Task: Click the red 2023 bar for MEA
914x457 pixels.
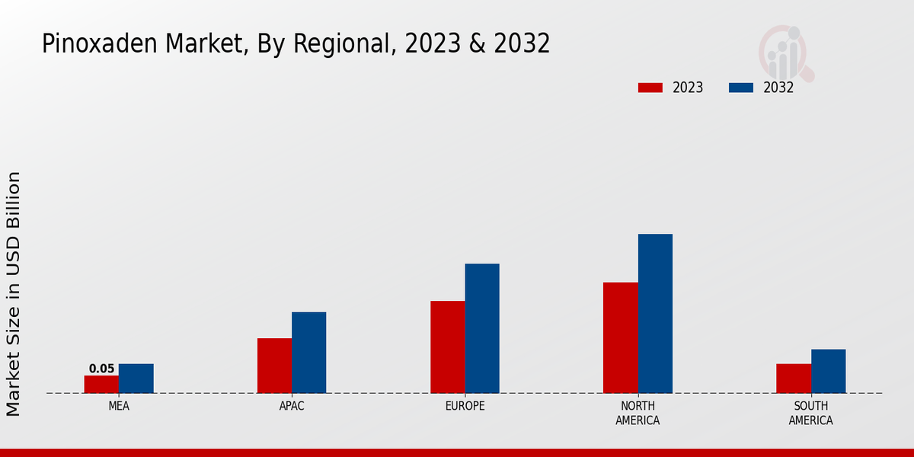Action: tap(101, 384)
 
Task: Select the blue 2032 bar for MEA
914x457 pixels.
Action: tap(136, 379)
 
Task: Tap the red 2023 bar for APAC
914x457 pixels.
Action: tap(274, 366)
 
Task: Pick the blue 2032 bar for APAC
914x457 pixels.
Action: tap(308, 353)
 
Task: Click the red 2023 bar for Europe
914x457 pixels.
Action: tap(447, 347)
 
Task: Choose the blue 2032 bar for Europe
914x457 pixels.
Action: tap(482, 328)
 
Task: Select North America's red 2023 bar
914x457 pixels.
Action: tap(620, 337)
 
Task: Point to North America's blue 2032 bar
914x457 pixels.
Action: tap(655, 313)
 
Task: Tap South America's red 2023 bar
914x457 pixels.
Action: tap(794, 379)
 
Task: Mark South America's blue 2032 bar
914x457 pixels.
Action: tap(828, 371)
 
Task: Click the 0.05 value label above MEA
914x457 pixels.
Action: tap(101, 369)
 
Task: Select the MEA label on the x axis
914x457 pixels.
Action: tap(119, 406)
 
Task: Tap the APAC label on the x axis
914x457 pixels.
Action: tap(292, 406)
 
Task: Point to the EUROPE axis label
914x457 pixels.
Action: tap(465, 406)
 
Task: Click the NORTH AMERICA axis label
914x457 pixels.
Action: tap(638, 413)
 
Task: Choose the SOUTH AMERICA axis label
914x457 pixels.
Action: tap(810, 413)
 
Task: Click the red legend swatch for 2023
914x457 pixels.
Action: tap(650, 88)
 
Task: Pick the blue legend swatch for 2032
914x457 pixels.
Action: tap(741, 88)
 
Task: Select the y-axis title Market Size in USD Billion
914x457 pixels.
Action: tap(14, 293)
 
